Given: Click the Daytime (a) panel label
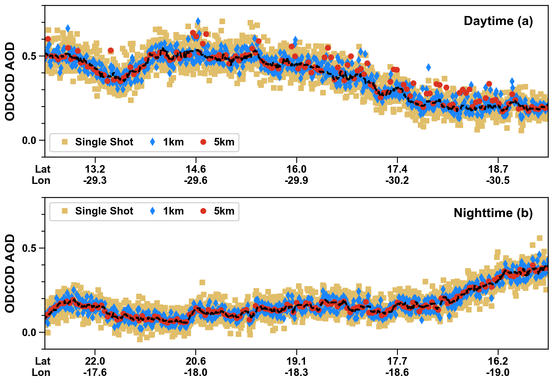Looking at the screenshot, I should click(x=498, y=21).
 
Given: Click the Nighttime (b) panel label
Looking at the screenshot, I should click(x=493, y=213).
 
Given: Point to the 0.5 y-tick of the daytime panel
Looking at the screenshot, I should click(x=29, y=56).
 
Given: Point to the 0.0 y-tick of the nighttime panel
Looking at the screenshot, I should click(x=29, y=333).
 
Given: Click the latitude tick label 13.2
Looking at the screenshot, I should click(x=95, y=169).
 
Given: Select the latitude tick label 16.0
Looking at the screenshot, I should click(x=296, y=169).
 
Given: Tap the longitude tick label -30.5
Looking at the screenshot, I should click(x=498, y=181).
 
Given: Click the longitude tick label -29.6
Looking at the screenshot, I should click(x=196, y=181).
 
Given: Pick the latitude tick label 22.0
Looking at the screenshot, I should click(x=95, y=361).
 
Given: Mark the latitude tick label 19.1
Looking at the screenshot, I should click(x=296, y=361).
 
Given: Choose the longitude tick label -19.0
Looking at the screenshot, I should click(x=498, y=373).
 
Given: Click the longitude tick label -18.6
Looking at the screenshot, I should click(x=397, y=373).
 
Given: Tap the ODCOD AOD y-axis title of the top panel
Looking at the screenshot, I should click(x=10, y=81).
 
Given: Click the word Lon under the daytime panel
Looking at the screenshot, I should click(x=41, y=181).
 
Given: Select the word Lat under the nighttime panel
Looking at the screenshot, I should click(x=43, y=361).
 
